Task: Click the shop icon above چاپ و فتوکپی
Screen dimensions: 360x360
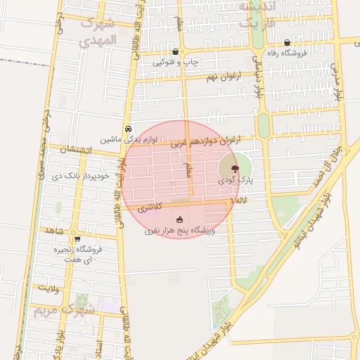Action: tap(176, 52)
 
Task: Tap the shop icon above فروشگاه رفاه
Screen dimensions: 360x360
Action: tap(287, 42)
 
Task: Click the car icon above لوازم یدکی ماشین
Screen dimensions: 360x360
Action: tap(127, 129)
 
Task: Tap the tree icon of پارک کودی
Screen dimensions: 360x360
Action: tap(234, 169)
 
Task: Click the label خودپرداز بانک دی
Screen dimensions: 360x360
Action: tap(82, 176)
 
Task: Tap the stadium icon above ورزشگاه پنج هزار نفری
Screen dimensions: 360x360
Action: tap(179, 219)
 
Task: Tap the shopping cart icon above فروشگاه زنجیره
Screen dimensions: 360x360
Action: tap(77, 239)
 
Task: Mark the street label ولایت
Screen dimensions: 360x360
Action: tap(47, 288)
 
